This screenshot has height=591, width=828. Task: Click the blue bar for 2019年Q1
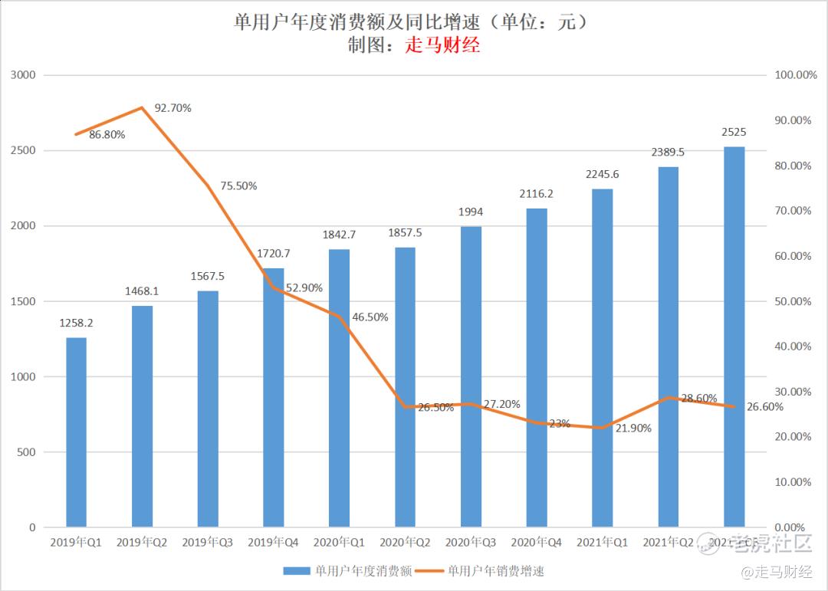pyautogui.click(x=76, y=432)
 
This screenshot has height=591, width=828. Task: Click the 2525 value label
pyautogui.click(x=734, y=133)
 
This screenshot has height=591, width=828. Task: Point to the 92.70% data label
pyautogui.click(x=172, y=108)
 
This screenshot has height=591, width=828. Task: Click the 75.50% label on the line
pyautogui.click(x=238, y=186)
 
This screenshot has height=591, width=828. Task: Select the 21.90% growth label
pyautogui.click(x=632, y=428)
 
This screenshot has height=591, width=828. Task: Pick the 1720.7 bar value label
pyautogui.click(x=273, y=254)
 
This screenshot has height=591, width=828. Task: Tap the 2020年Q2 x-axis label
pyautogui.click(x=405, y=543)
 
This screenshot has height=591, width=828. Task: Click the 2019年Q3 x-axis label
pyautogui.click(x=208, y=543)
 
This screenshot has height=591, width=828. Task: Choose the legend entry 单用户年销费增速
pyautogui.click(x=495, y=570)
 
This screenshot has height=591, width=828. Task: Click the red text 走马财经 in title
pyautogui.click(x=442, y=45)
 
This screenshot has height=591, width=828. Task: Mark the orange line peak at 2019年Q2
pyautogui.click(x=142, y=108)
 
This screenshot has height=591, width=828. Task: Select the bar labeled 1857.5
pyautogui.click(x=405, y=387)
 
